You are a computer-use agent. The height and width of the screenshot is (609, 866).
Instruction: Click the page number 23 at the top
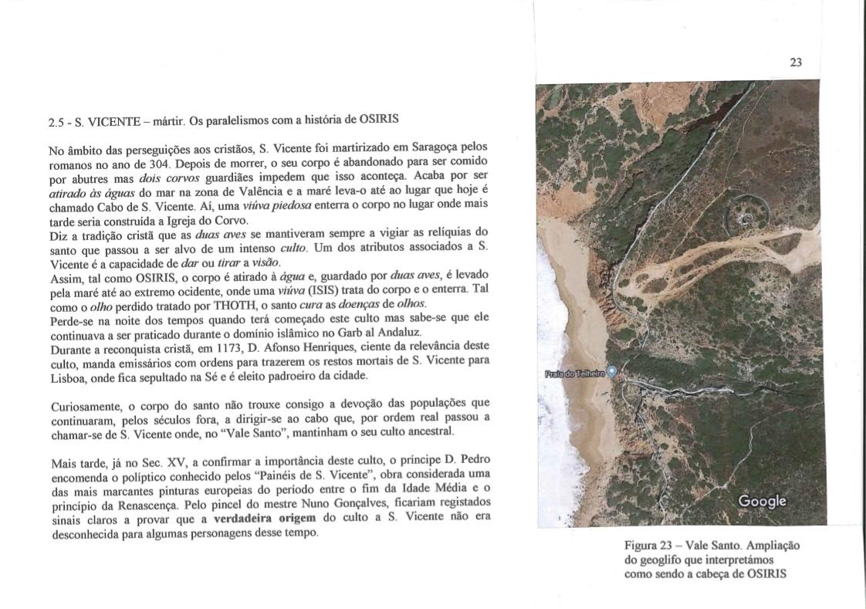(x=797, y=63)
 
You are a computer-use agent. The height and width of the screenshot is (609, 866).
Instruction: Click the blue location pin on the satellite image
(x=613, y=371)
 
